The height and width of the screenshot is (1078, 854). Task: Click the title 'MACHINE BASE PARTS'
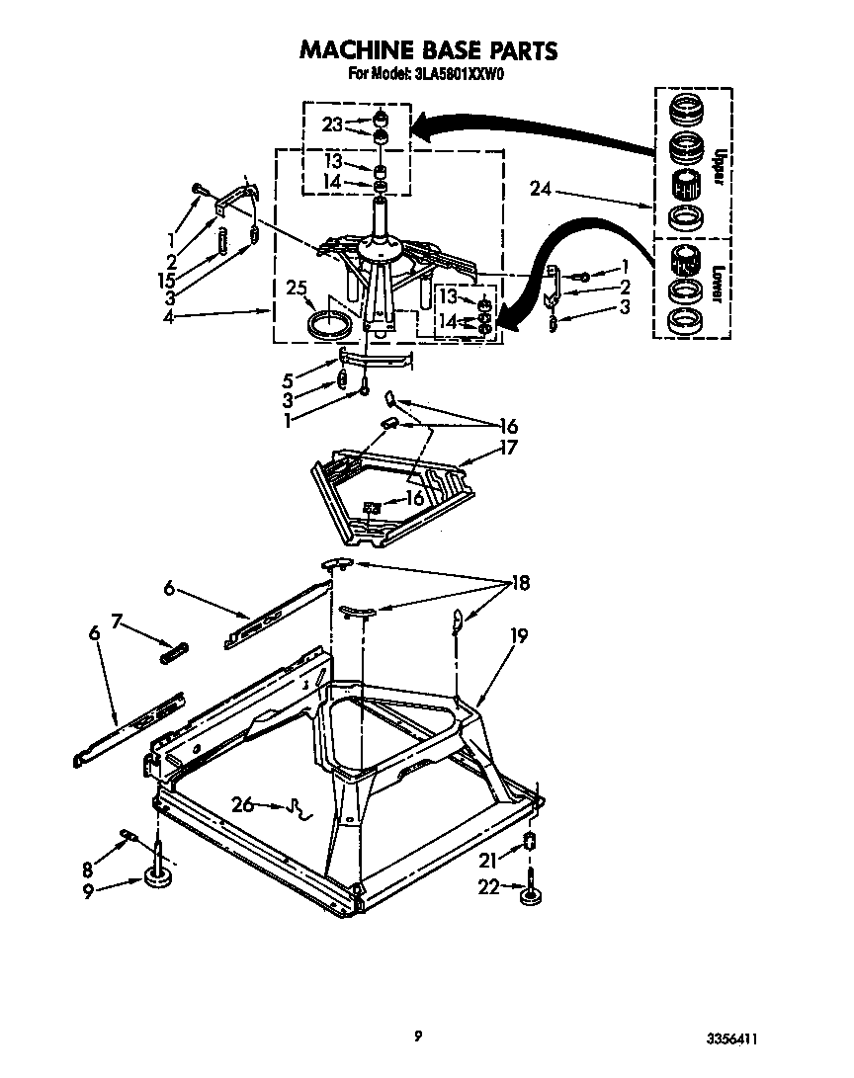(x=427, y=50)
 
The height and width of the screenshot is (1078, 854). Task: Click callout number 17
(x=506, y=447)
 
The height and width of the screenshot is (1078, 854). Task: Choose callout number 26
(x=241, y=804)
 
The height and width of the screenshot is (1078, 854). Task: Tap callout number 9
(x=90, y=890)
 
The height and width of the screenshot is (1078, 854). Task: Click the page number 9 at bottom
(x=419, y=1036)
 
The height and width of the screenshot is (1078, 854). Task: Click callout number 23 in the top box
(x=332, y=124)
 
